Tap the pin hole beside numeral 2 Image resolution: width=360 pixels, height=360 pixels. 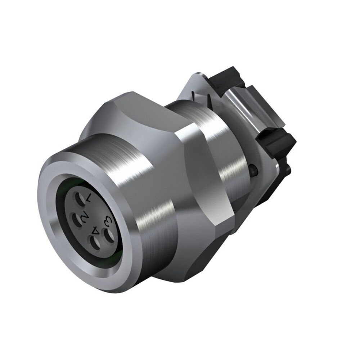(x=77, y=219)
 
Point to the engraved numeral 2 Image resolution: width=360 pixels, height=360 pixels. (x=85, y=218)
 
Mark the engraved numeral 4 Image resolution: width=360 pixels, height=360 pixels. (x=96, y=230)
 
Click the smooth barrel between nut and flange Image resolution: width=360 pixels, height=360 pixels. (x=223, y=151)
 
